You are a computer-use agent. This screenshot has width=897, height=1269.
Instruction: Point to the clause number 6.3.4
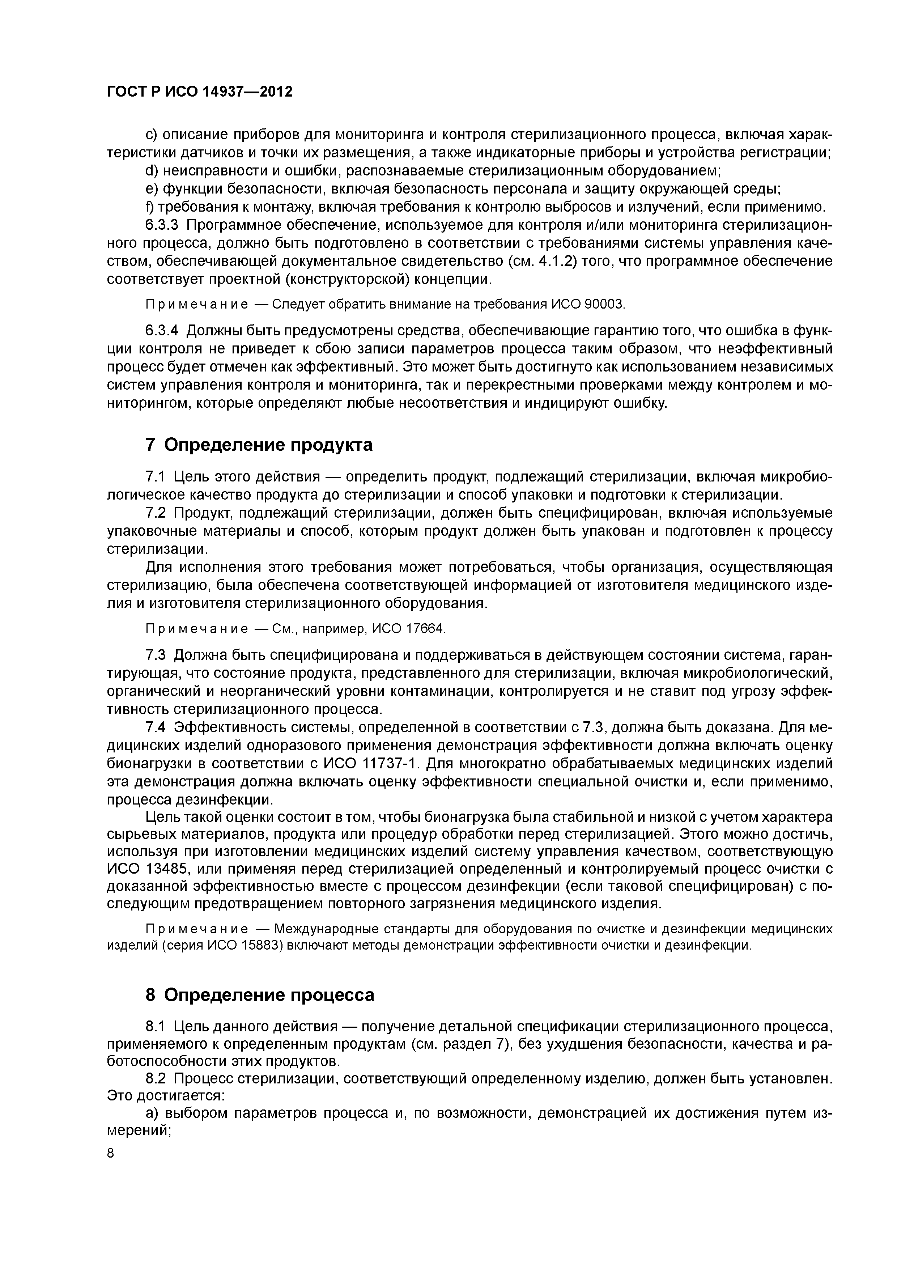pyautogui.click(x=162, y=331)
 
